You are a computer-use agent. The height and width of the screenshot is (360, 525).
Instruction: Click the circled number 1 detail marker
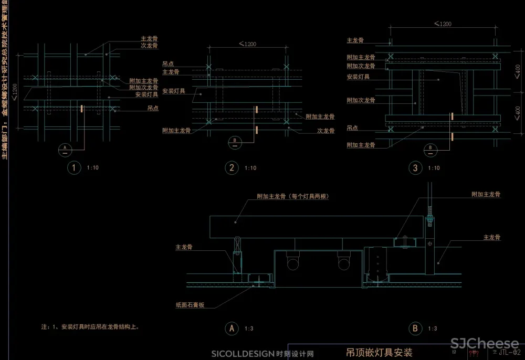click(x=75, y=168)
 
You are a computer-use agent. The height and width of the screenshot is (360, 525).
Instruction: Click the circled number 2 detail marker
click(x=232, y=168)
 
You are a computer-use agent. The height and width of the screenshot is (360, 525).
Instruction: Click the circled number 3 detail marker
click(x=415, y=168)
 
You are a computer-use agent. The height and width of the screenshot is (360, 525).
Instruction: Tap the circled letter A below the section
click(x=232, y=329)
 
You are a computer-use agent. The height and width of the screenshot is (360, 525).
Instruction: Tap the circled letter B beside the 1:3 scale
click(x=415, y=329)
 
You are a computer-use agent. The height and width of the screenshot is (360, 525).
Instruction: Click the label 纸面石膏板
click(x=190, y=304)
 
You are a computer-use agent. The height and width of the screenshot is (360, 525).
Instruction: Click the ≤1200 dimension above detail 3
click(x=443, y=24)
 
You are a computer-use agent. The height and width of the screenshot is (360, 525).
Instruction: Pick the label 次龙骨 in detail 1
click(x=150, y=46)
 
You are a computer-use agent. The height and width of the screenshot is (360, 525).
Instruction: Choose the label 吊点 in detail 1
click(x=153, y=108)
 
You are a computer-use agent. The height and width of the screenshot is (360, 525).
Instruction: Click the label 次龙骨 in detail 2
click(x=326, y=131)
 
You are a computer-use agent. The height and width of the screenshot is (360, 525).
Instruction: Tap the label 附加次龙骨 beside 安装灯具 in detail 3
click(x=361, y=100)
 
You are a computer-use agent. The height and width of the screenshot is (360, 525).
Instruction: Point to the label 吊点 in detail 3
click(x=352, y=128)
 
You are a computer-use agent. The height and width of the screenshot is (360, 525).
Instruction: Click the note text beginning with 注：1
click(x=90, y=326)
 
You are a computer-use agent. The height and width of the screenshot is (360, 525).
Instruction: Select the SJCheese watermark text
click(x=485, y=344)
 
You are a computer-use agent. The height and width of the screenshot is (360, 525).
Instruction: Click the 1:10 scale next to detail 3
click(x=434, y=168)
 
